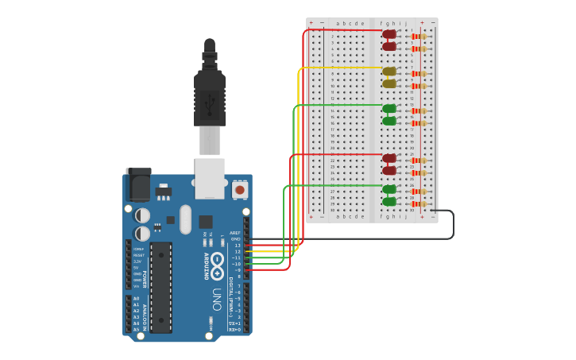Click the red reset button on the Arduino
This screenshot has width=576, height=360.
tap(239, 190)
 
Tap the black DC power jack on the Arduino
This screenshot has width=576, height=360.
tap(138, 185)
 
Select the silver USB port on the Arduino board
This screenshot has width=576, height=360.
tap(210, 178)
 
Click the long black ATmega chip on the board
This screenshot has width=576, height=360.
tap(161, 287)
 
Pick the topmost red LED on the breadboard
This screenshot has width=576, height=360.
tap(389, 34)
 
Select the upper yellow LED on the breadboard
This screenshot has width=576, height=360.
tap(389, 72)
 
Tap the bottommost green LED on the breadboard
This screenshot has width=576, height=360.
tap(389, 202)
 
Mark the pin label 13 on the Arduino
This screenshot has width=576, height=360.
tap(237, 246)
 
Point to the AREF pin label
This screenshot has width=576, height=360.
tap(235, 233)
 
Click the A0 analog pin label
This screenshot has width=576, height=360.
tap(136, 299)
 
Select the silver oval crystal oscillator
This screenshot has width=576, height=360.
tap(186, 219)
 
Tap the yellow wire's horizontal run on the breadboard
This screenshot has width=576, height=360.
tap(342, 68)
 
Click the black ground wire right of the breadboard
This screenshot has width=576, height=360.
tap(453, 224)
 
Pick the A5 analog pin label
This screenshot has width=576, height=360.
tap(136, 329)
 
